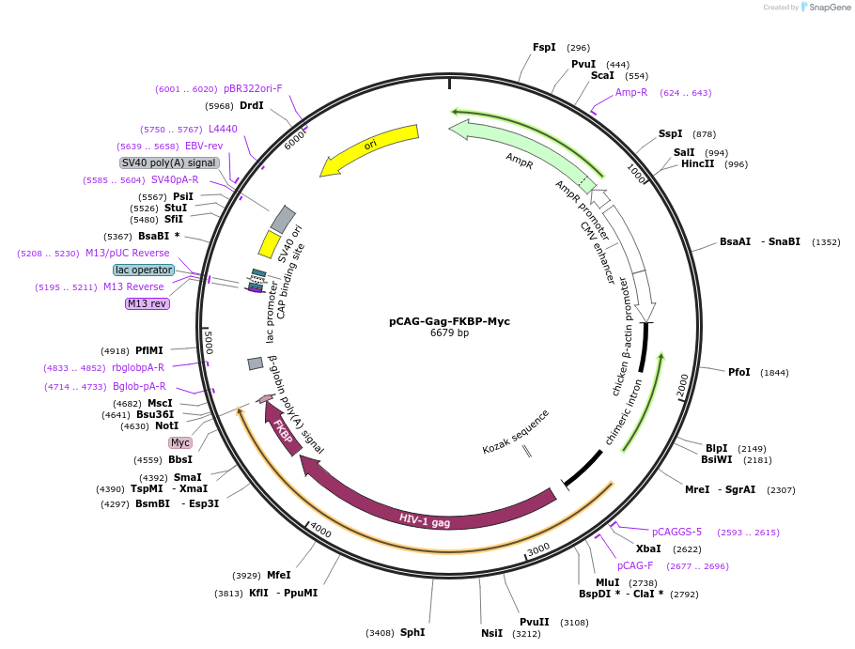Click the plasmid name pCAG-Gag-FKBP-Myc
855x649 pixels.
click(449, 321)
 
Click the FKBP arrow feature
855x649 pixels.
click(283, 430)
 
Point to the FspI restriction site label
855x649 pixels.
click(544, 47)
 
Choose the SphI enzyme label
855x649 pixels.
click(412, 633)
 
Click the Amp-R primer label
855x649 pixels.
click(631, 92)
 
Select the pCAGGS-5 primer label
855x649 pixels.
click(676, 532)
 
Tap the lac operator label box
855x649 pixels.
click(144, 270)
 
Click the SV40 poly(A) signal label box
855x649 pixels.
click(169, 162)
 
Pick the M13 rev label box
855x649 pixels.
click(148, 303)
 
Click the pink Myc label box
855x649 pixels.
click(180, 442)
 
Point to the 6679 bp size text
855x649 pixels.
click(449, 333)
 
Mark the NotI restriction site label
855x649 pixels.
click(166, 425)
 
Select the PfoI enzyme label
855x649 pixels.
click(739, 372)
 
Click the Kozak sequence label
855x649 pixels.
click(516, 432)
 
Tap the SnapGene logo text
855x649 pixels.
click(830, 8)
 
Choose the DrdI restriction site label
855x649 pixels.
click(251, 106)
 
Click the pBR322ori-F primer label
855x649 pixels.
click(253, 88)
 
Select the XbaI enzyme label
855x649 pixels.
click(648, 549)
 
